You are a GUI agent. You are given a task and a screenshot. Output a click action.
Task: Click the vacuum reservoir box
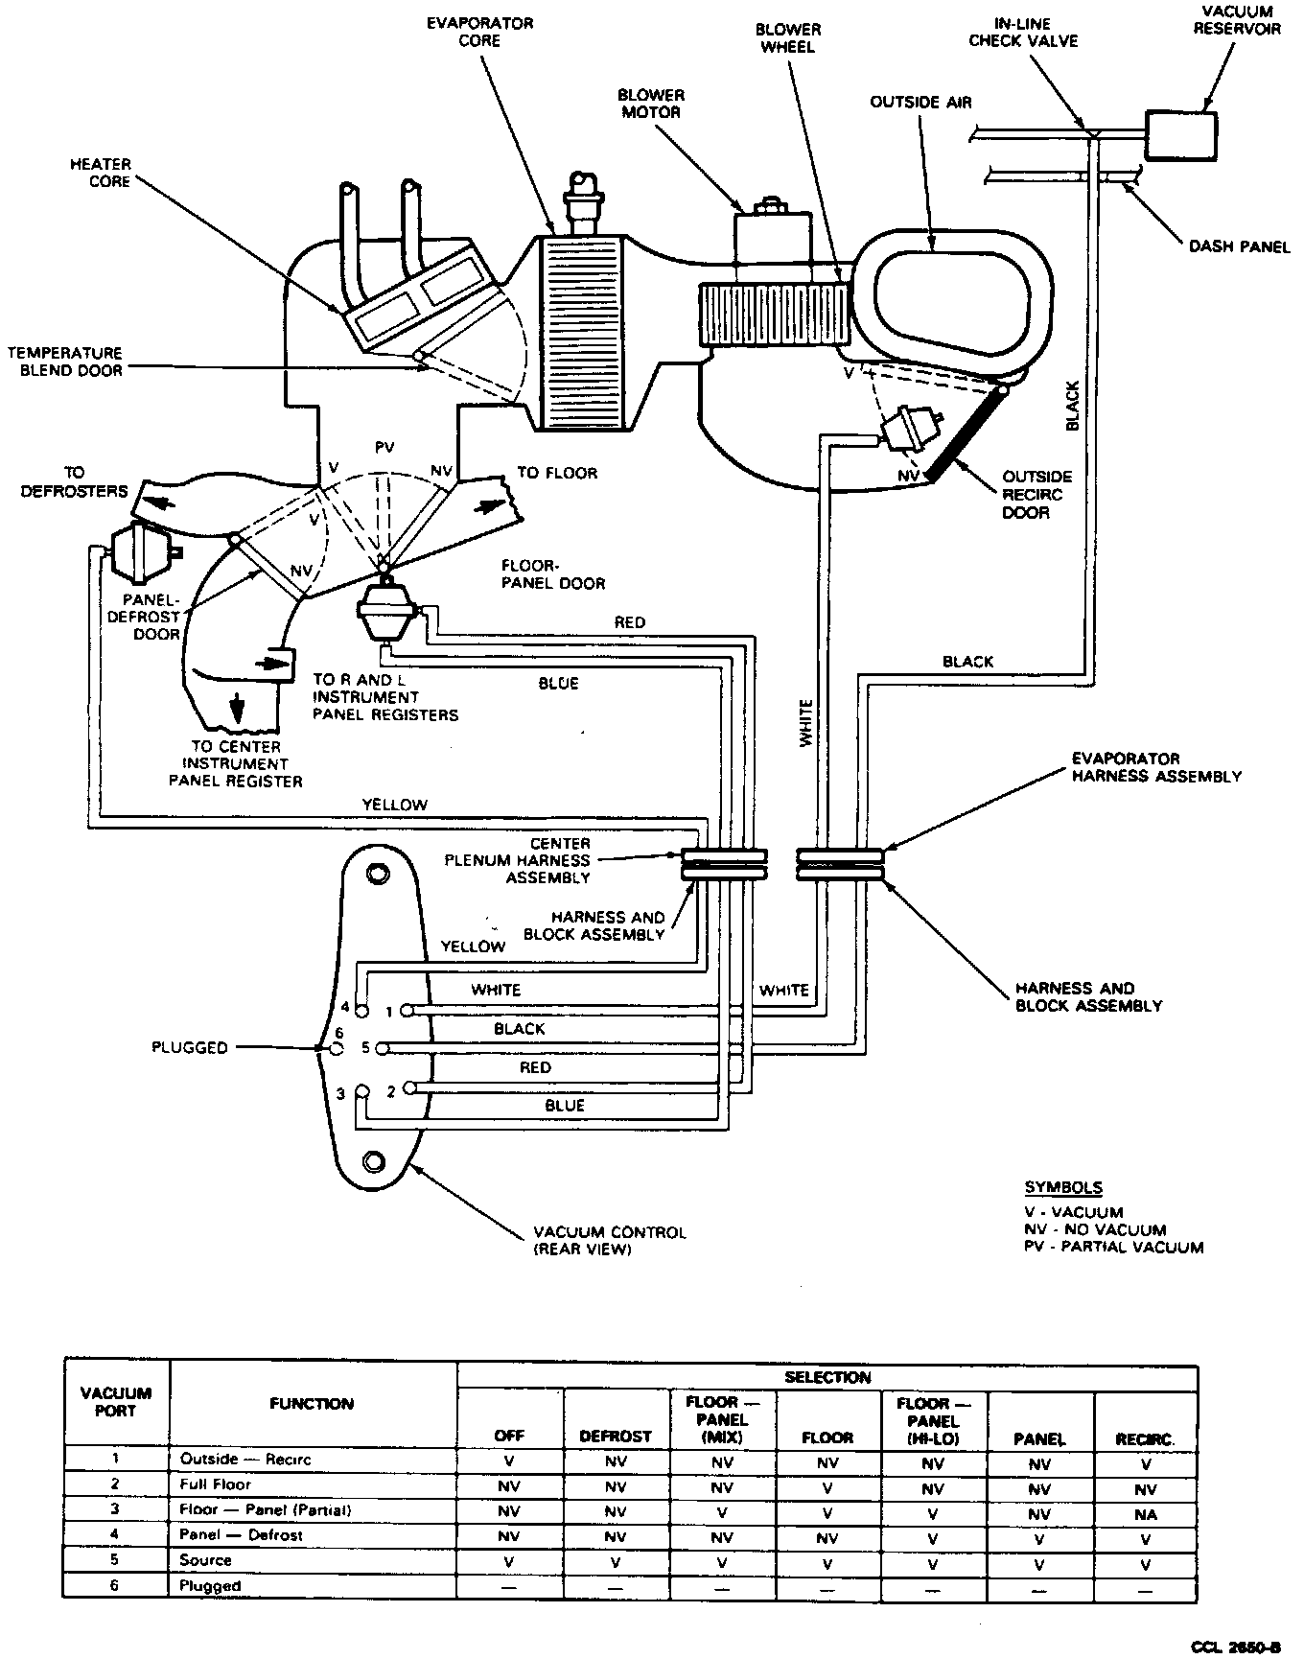click(x=1180, y=133)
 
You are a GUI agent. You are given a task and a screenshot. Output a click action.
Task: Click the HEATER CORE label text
click(x=101, y=173)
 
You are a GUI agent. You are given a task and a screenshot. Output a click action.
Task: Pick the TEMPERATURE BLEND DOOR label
click(x=65, y=362)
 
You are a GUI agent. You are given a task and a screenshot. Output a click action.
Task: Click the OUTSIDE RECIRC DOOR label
click(x=1036, y=494)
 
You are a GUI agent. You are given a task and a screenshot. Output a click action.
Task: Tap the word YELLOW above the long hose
click(x=394, y=805)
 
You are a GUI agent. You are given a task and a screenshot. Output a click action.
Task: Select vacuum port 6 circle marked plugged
click(x=337, y=1049)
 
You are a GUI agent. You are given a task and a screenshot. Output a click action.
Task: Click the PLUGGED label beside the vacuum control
click(x=190, y=1047)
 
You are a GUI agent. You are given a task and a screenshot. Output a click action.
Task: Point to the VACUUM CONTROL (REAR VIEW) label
click(x=610, y=1240)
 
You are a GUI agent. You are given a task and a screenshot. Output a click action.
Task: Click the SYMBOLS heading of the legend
click(x=1062, y=1187)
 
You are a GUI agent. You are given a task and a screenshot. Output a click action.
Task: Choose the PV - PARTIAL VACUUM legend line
click(x=1113, y=1248)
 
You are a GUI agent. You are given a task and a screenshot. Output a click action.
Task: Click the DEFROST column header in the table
click(x=616, y=1437)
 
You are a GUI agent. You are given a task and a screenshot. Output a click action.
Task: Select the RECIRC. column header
click(x=1145, y=1439)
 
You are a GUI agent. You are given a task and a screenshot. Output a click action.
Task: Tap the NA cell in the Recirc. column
click(x=1145, y=1515)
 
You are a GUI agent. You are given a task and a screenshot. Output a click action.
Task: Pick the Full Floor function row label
click(x=216, y=1484)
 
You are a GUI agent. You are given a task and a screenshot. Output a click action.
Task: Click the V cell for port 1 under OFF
click(x=509, y=1463)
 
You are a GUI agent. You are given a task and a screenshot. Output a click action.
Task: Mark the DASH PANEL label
click(x=1239, y=246)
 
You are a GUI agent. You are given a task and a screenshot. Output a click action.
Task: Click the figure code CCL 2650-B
click(x=1235, y=1647)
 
